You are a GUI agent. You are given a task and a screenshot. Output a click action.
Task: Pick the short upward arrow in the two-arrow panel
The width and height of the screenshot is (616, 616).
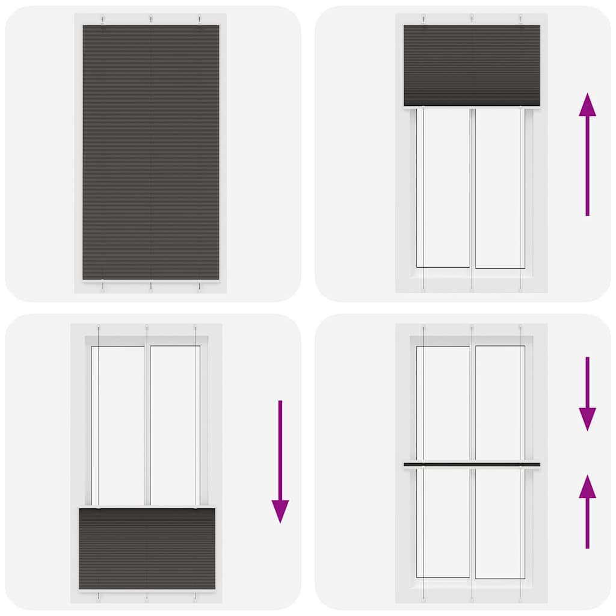click(587, 511)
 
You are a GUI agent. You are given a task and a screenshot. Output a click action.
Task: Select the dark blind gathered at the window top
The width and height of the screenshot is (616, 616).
click(472, 66)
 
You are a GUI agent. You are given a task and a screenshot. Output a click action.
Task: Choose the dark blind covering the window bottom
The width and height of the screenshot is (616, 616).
click(147, 549)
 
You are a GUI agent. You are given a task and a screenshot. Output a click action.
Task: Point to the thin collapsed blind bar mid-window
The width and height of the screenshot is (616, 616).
click(472, 464)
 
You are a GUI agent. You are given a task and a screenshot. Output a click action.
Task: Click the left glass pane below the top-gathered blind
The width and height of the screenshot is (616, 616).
click(446, 187)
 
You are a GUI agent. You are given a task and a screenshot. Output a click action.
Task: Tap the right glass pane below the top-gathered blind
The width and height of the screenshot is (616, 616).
click(498, 187)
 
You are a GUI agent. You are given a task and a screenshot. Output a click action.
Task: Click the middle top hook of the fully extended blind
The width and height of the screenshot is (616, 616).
click(150, 17)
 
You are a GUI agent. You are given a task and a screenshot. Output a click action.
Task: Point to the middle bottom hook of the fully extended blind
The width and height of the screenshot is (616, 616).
click(150, 287)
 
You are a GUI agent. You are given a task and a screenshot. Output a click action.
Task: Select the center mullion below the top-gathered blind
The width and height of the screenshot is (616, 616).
click(472, 187)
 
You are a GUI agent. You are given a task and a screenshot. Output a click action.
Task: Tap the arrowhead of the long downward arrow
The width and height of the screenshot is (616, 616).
click(280, 511)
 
